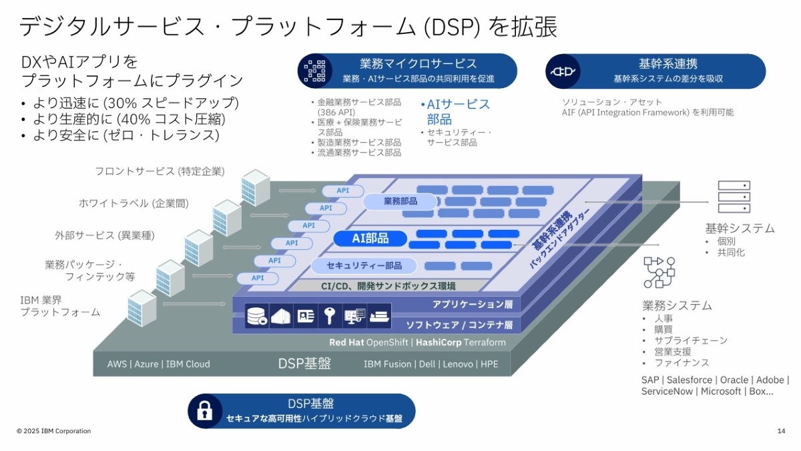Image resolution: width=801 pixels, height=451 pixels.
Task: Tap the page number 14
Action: point(781,431)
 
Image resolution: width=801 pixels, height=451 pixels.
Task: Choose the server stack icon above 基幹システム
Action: point(734,196)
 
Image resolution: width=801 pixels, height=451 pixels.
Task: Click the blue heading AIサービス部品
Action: point(456,112)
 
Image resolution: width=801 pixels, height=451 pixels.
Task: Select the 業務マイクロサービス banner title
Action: point(418,64)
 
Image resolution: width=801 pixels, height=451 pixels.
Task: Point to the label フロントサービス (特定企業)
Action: point(160,171)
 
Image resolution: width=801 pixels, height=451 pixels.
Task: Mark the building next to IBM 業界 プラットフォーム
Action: point(142,307)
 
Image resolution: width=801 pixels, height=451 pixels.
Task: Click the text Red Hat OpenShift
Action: point(370,343)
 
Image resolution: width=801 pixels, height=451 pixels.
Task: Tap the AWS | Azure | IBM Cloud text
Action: point(159,364)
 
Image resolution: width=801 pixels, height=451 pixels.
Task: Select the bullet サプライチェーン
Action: point(682,341)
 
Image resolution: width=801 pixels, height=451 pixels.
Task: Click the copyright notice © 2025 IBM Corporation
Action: point(54,431)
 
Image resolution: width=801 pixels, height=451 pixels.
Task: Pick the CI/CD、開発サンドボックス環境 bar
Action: point(388,286)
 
